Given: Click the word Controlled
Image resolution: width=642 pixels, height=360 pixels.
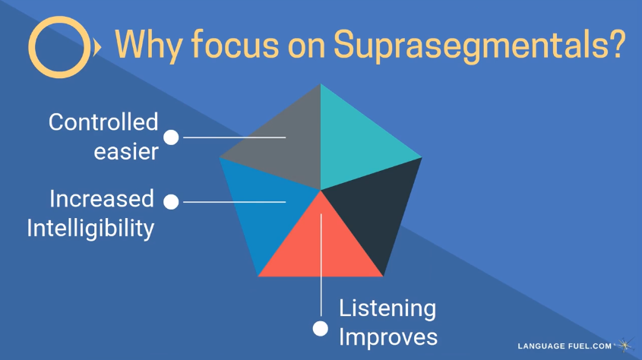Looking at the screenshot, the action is pos(103,122).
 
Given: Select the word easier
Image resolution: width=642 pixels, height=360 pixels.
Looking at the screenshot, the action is pos(126,151).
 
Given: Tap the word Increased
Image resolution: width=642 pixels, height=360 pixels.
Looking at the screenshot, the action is pos(102,199).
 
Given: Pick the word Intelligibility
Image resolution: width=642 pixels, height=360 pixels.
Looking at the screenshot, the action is pos(90,229).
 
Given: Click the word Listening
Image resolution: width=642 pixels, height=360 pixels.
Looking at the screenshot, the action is pos(387,308).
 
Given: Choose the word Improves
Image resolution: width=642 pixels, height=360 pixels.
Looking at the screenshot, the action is pos(388,338).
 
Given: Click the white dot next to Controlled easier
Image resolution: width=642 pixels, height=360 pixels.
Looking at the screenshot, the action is pos(171,137).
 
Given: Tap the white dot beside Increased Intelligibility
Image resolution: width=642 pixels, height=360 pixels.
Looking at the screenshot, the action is pos(171,202).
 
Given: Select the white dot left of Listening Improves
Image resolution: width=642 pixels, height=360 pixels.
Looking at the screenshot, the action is pos(321,329).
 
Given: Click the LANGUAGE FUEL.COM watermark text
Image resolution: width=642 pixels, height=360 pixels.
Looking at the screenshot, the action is pos(565,346).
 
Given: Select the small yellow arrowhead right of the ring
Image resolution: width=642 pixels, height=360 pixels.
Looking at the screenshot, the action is pos(97,48).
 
